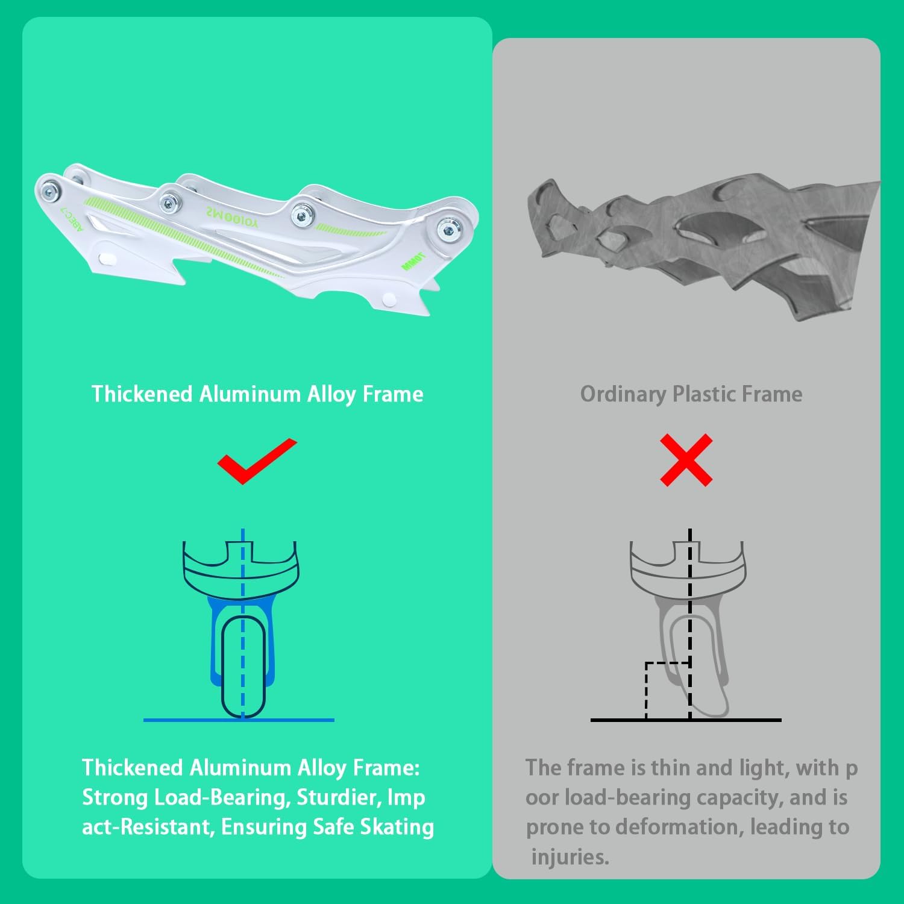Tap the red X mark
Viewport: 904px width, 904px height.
pos(686,460)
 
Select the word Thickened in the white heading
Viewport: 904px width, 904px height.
pos(142,394)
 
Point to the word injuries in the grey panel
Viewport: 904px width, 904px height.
pos(570,856)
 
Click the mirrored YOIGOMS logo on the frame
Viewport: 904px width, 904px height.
pos(232,218)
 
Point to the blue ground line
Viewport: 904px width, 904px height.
pos(239,720)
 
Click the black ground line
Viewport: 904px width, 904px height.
pos(686,720)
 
